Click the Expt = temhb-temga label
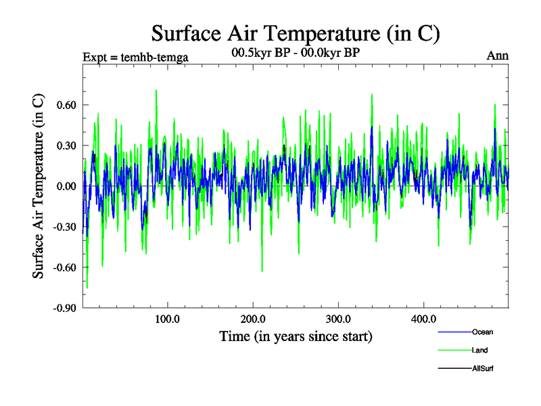click(x=135, y=57)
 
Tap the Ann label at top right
click(x=498, y=55)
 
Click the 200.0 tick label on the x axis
click(x=252, y=319)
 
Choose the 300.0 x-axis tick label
click(x=337, y=319)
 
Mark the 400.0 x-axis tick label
click(x=423, y=319)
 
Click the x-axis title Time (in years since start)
click(x=296, y=336)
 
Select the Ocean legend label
click(x=483, y=332)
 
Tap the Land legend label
click(x=480, y=351)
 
